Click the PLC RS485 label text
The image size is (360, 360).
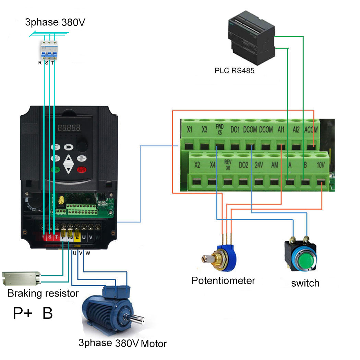click(235, 71)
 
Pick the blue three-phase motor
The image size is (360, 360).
click(110, 310)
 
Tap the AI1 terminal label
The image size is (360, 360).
click(281, 130)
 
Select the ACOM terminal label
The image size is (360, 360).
click(311, 130)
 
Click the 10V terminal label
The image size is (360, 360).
click(321, 165)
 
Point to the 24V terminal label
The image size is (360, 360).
click(259, 165)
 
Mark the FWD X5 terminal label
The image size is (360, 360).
click(220, 129)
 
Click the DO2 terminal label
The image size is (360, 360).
click(243, 165)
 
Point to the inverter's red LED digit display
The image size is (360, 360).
click(69, 128)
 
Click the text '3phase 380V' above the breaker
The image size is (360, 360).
click(55, 23)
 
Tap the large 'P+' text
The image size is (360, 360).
click(23, 313)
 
